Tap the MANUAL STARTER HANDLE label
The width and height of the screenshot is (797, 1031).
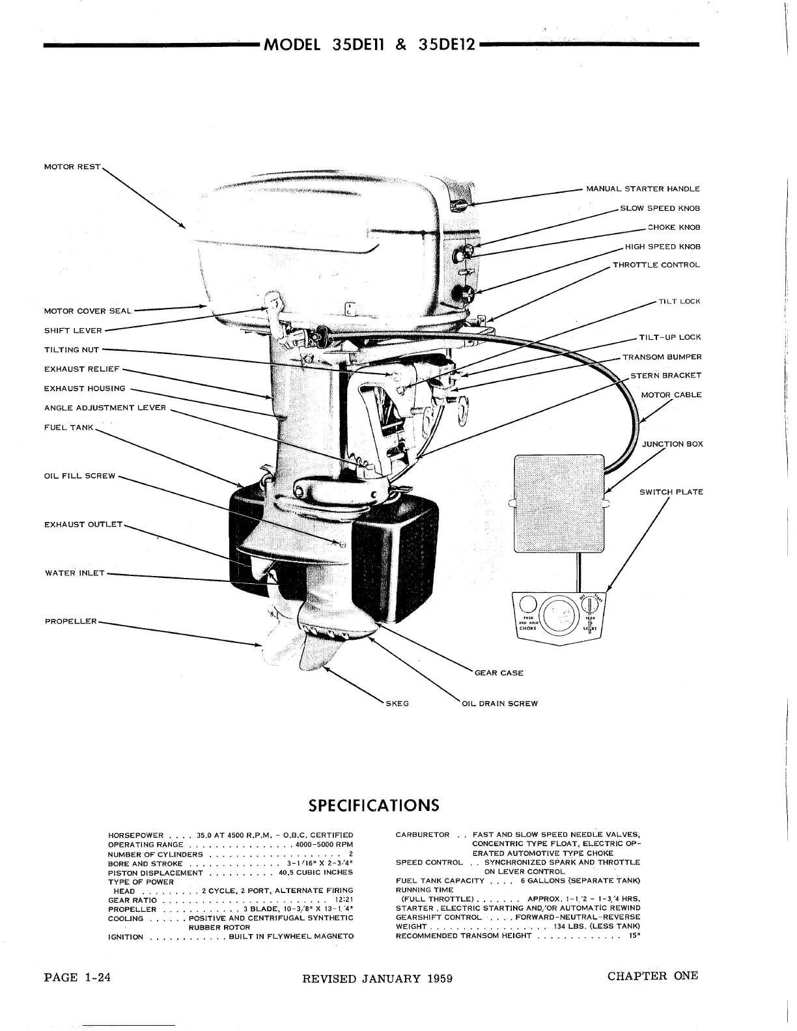click(x=643, y=189)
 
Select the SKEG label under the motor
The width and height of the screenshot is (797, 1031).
click(x=397, y=703)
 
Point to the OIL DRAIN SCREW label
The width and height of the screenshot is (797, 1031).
click(x=499, y=703)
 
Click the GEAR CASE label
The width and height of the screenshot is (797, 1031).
click(x=499, y=672)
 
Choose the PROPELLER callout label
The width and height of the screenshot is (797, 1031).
click(x=71, y=621)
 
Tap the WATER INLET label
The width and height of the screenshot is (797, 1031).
click(x=75, y=573)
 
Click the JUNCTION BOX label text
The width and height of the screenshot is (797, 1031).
click(x=673, y=444)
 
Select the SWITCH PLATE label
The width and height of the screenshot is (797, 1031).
click(x=671, y=492)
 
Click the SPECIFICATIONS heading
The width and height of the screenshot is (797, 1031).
click(x=374, y=805)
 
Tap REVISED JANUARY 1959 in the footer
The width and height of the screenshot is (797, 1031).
click(x=378, y=978)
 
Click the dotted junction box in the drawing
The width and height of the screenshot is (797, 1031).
click(x=559, y=504)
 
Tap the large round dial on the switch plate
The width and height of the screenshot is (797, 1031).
click(x=558, y=614)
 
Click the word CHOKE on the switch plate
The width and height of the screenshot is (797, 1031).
click(x=527, y=628)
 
